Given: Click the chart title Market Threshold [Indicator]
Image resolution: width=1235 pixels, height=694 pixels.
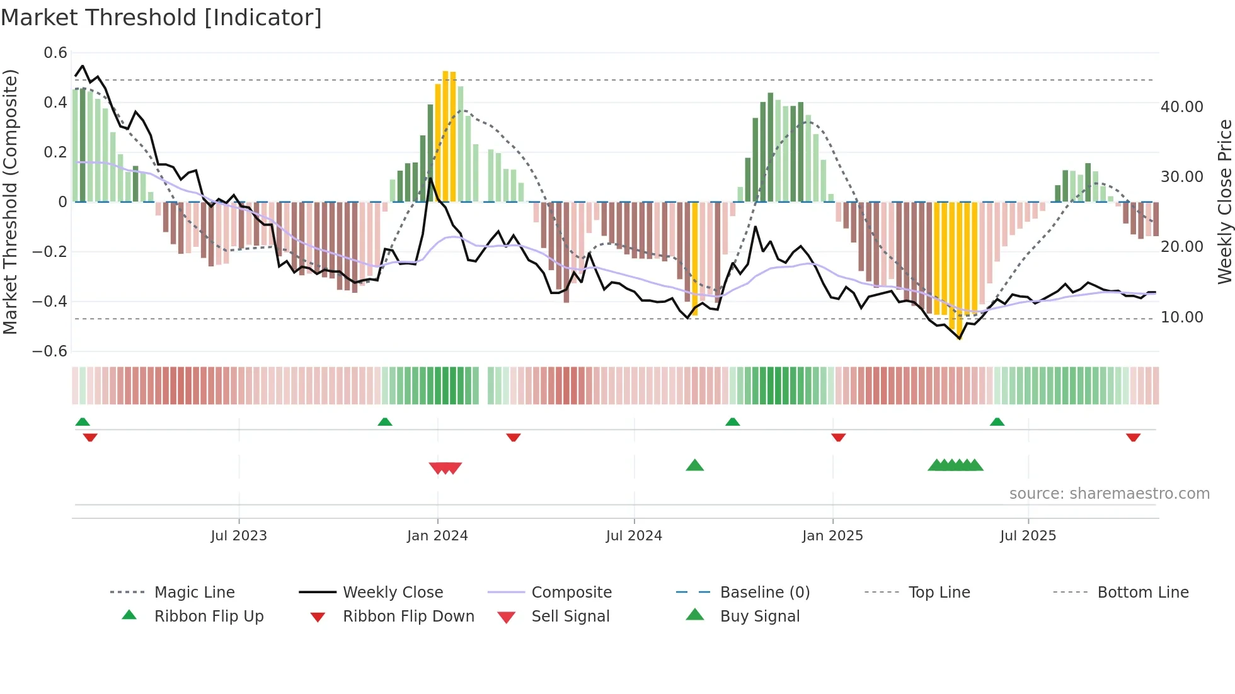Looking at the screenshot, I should [161, 18].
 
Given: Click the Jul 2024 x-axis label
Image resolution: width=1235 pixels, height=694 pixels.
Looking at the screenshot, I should [634, 535].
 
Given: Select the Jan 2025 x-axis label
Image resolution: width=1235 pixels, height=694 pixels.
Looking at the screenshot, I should [832, 535].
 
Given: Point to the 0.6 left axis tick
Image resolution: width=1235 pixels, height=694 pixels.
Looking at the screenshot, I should [55, 53].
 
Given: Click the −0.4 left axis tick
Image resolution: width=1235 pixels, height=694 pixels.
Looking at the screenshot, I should [50, 301].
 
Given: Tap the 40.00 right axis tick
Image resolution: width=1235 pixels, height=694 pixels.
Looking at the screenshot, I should [1181, 107].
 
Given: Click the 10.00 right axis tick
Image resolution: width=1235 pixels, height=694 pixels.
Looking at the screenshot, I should [1181, 317].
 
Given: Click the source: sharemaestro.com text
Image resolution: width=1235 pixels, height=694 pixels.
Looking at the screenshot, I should [1109, 493].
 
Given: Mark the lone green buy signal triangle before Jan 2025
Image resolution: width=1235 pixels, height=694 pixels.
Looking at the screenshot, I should [694, 465].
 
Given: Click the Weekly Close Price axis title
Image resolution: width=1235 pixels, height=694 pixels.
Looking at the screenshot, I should [1224, 202].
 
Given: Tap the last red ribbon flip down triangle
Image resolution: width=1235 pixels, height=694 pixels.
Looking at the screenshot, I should [1133, 437].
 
